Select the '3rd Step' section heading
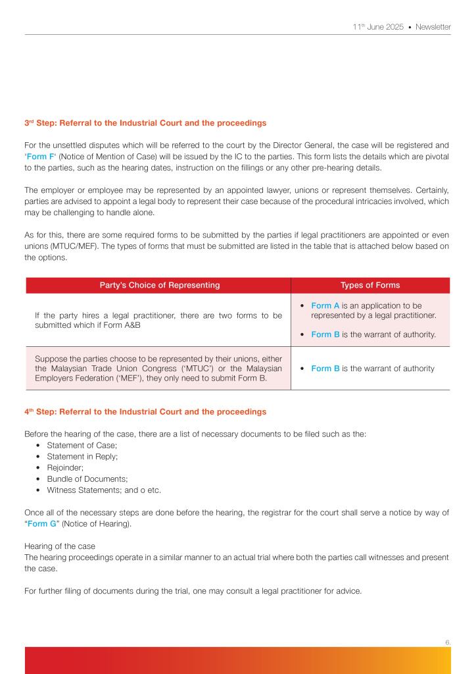145,123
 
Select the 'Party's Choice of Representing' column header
160,285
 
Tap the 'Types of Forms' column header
370,285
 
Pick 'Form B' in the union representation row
325,369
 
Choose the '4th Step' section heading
145,411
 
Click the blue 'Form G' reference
41,524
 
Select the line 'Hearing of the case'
60,546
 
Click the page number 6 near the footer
447,642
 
